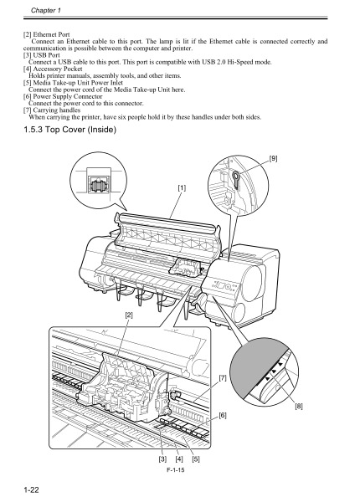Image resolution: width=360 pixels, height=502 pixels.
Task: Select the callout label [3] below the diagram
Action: (x=162, y=459)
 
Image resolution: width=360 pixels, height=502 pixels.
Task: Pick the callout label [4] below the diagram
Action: (x=178, y=459)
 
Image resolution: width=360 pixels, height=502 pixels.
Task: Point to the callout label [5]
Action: (x=195, y=459)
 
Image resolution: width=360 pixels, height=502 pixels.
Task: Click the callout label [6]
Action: (x=223, y=415)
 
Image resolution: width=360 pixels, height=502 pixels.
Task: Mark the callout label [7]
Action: (x=223, y=379)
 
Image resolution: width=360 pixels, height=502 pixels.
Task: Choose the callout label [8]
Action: (x=300, y=407)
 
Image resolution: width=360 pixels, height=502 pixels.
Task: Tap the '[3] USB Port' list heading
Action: (x=42, y=54)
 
